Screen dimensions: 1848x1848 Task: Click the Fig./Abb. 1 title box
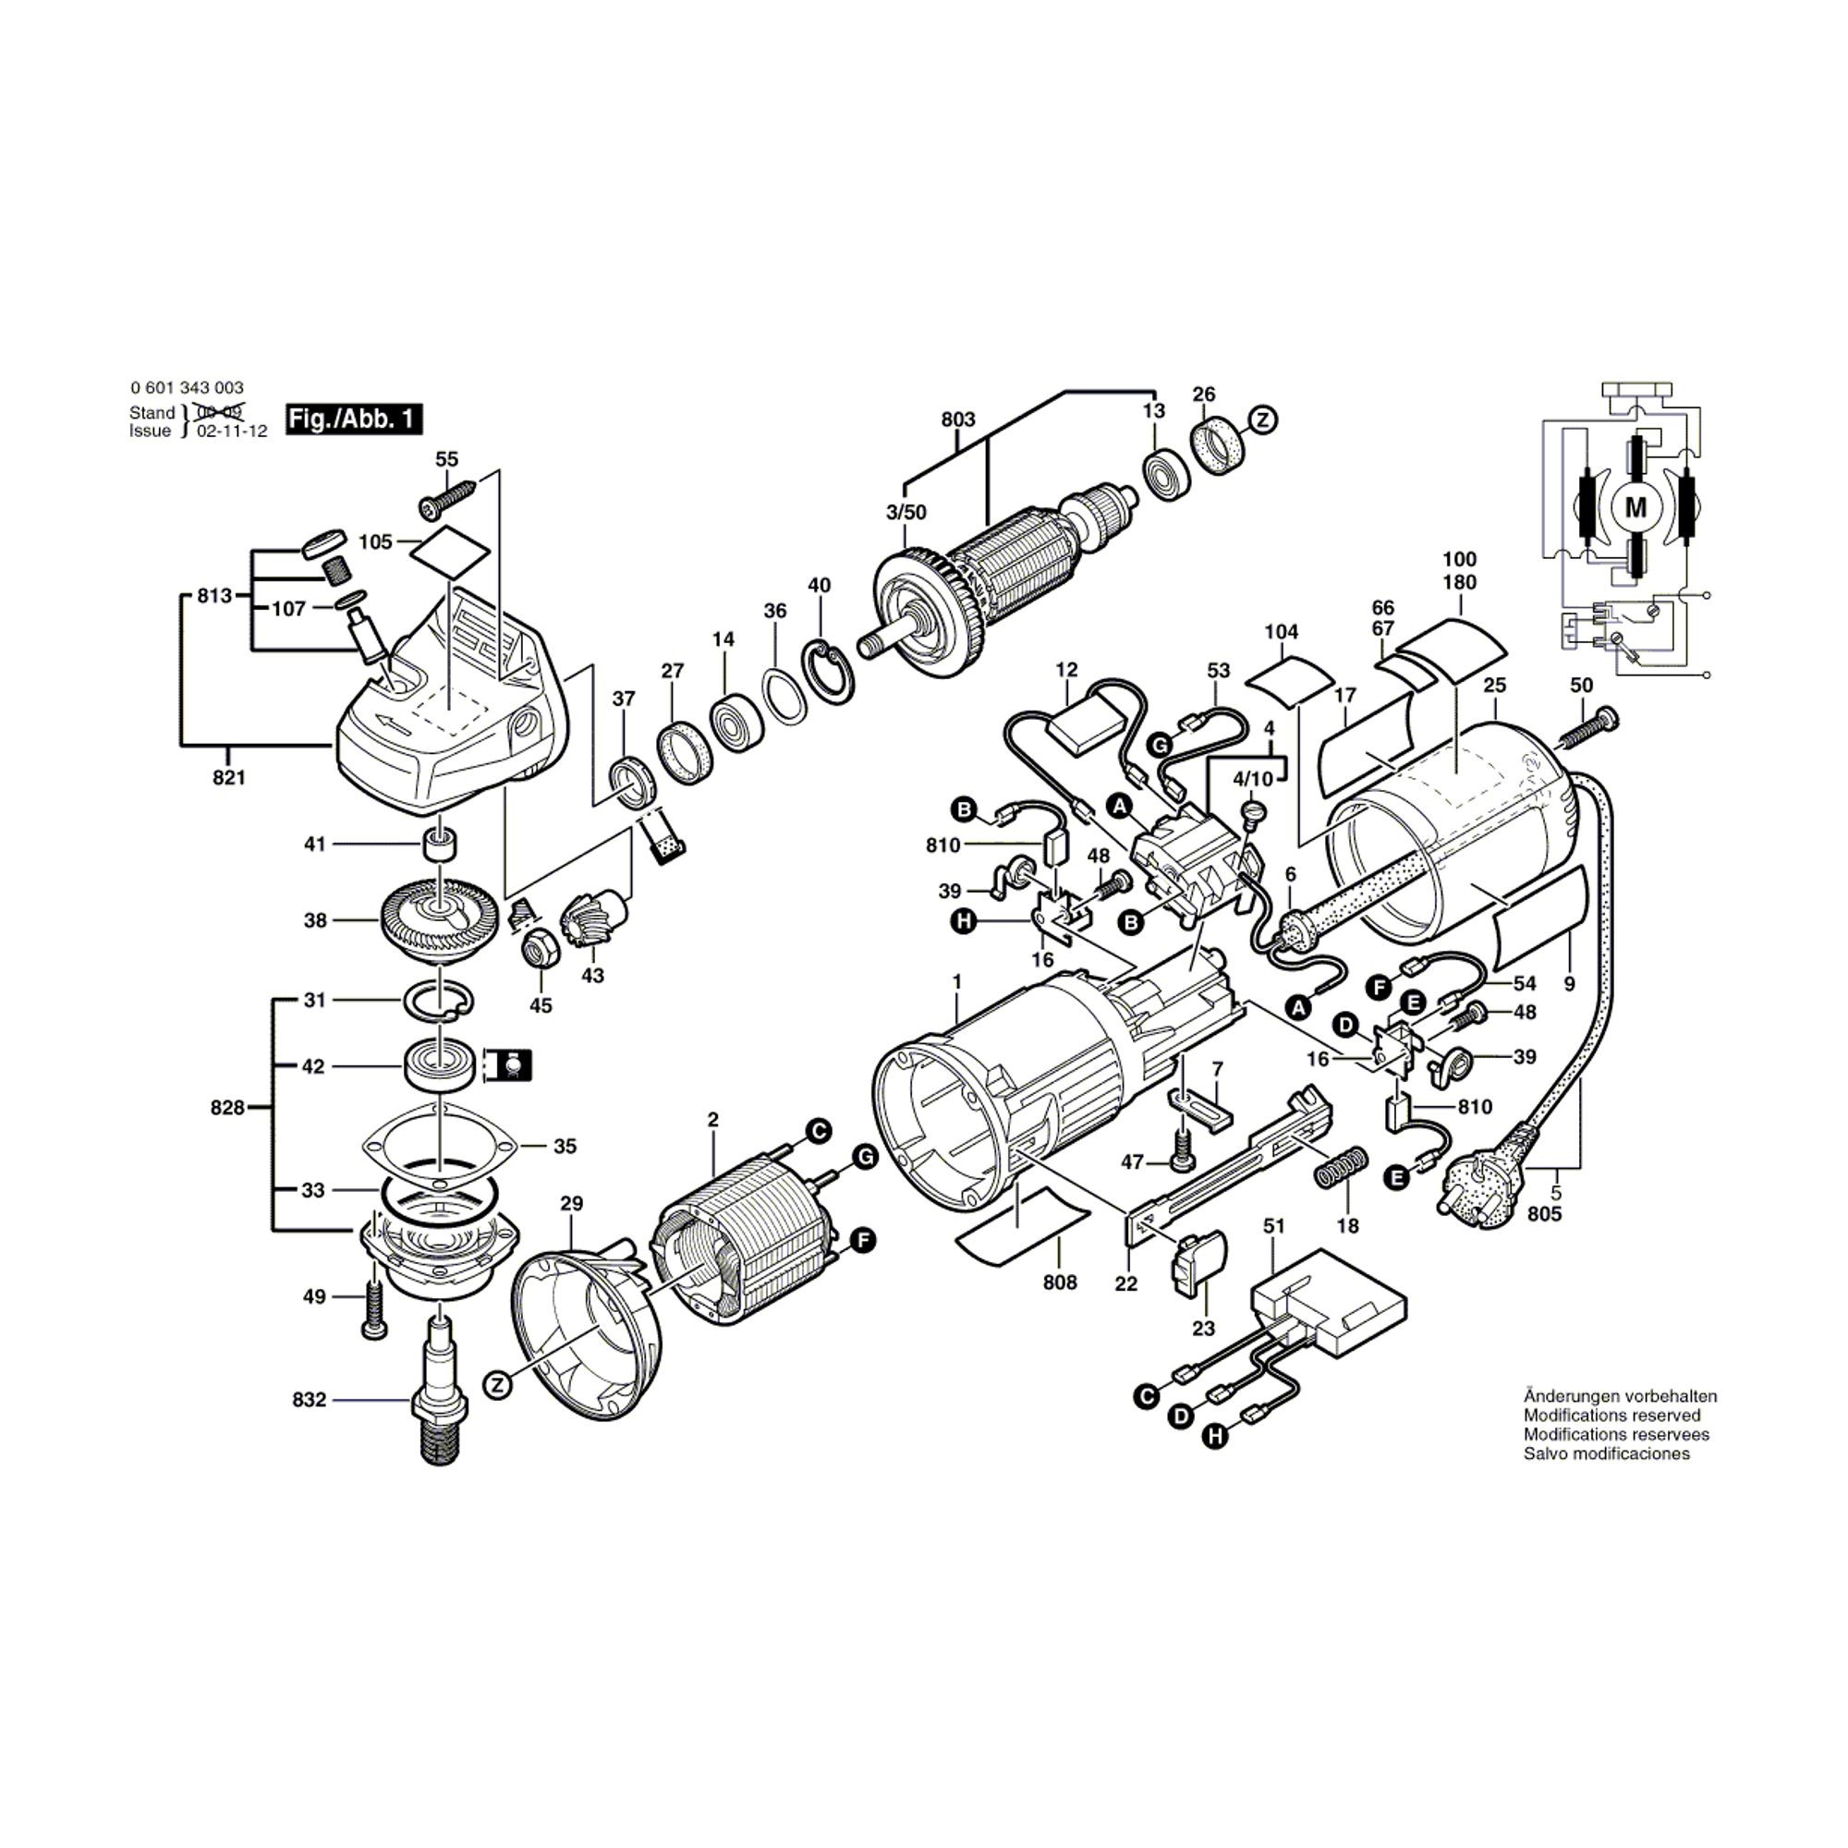pos(354,419)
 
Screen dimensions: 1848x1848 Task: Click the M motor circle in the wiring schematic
pos(1635,508)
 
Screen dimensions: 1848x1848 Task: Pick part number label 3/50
pos(906,513)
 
